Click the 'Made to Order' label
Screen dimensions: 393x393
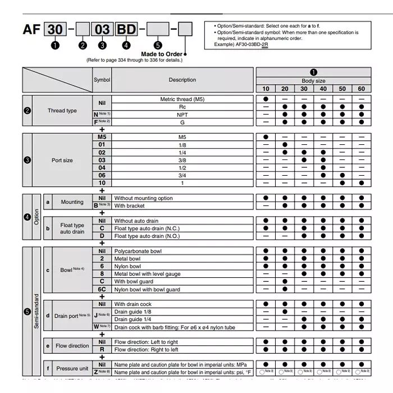(162, 54)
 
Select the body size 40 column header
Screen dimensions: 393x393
(323, 89)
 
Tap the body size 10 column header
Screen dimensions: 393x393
(266, 89)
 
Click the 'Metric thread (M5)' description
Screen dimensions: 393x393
(182, 99)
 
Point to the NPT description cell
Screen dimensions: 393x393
(182, 114)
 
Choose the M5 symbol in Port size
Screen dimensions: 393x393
(102, 137)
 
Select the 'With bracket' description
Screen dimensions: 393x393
(130, 206)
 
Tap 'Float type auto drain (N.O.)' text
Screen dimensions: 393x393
(147, 236)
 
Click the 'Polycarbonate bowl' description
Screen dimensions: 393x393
(138, 251)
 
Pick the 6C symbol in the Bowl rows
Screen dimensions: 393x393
(102, 289)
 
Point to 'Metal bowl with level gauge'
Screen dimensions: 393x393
(147, 274)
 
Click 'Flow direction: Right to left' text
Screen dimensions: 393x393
(146, 349)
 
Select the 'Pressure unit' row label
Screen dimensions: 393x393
(72, 368)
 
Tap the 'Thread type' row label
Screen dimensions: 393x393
(63, 111)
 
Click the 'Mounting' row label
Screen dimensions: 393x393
(72, 202)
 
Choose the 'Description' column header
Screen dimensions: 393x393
(182, 80)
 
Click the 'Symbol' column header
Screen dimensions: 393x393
(102, 80)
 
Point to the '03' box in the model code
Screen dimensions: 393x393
(102, 30)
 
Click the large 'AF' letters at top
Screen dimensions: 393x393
(31, 30)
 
